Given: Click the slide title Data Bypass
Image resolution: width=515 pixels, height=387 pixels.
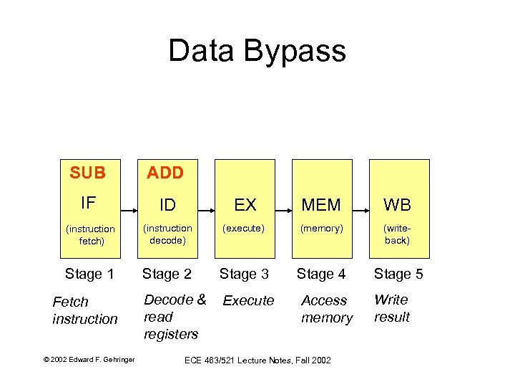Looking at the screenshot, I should pos(257,52).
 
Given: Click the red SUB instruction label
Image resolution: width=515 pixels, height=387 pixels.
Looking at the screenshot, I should pos(88,173).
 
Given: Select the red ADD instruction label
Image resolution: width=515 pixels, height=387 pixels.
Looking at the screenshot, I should pos(165,173).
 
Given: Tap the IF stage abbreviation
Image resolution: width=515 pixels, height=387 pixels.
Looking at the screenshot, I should pos(88,203).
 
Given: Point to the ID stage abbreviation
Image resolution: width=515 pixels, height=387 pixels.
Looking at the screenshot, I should pos(167,205).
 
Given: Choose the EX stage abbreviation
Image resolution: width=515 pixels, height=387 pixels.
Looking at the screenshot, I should pos(245,205).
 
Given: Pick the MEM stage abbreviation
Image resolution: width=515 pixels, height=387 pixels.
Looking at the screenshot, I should pos(321,205).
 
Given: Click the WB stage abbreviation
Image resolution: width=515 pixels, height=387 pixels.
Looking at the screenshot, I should pos(397,205).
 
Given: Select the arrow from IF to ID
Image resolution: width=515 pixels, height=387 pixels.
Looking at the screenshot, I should pos(129,211).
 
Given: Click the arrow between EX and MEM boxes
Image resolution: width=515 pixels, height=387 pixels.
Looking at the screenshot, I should pos(283,211).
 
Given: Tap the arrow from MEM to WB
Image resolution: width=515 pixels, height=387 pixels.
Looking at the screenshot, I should pos(360,211).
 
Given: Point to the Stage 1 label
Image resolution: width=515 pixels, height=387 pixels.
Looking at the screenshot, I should pos(89,274).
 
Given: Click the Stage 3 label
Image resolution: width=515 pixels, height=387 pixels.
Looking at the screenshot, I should pos(244,274).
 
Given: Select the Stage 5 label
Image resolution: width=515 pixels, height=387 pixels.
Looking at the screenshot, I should pos(398,274).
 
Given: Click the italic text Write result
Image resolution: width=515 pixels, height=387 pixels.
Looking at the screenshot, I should pos(392,308).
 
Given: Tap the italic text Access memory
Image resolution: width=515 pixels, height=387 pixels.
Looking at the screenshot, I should pos(326,309).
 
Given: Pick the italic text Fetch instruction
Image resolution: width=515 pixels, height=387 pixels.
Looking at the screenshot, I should pos(84,310).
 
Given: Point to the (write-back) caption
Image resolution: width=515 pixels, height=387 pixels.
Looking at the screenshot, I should pos(397,234).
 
